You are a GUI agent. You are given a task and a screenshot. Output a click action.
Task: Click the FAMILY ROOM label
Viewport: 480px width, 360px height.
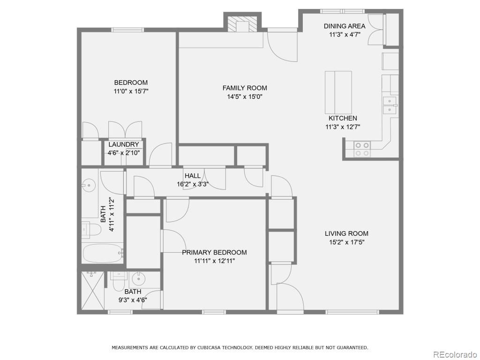(245, 88)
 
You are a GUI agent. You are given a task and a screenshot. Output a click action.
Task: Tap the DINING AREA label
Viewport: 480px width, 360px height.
(345, 26)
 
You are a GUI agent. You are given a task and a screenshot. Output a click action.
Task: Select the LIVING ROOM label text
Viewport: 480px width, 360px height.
(346, 233)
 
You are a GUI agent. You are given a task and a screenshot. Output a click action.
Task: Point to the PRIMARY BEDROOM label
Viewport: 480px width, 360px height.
(214, 253)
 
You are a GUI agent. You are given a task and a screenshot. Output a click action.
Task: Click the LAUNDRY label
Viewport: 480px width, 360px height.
(124, 144)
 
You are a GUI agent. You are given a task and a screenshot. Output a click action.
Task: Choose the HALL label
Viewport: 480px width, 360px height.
(193, 176)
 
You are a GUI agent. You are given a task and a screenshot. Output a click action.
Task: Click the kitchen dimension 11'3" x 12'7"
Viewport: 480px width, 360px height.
(343, 127)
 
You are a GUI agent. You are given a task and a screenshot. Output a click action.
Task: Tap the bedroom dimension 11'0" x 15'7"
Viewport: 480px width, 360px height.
(131, 91)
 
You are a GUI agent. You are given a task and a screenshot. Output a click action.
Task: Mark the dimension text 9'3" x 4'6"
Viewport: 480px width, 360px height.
(133, 300)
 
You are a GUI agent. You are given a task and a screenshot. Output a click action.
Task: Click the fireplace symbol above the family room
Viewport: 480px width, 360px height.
(242, 23)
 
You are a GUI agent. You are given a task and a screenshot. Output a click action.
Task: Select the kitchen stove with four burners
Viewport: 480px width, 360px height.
(362, 149)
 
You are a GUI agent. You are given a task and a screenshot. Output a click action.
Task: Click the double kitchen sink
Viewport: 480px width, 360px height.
(390, 105)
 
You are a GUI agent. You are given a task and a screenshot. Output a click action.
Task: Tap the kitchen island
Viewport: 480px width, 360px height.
(338, 92)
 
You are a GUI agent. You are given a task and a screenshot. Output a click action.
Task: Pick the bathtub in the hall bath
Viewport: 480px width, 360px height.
(103, 253)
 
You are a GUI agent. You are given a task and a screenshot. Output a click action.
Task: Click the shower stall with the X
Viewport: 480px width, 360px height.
(93, 291)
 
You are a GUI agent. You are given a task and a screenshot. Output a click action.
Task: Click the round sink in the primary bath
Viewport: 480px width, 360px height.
(139, 279)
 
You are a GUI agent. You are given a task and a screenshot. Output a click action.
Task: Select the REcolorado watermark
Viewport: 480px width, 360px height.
(454, 354)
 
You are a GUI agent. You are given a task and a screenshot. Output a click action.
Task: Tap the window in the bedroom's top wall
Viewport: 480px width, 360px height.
(127, 30)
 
